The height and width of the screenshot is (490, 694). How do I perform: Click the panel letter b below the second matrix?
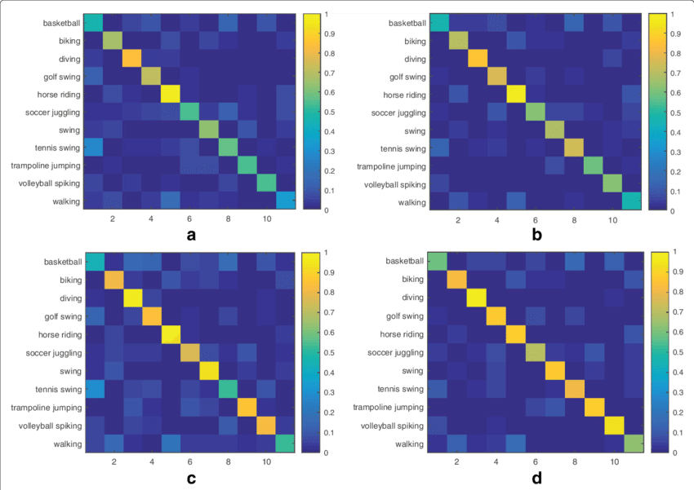tap(537, 235)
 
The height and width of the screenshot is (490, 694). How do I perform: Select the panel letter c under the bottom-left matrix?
tap(190, 479)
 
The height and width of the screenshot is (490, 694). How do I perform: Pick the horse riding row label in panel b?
tap(397, 95)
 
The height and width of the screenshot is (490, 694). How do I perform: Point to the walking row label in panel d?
tap(407, 444)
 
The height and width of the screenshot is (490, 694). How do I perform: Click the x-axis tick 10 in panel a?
tap(266, 219)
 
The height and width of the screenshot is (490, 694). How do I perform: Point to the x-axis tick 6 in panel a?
tap(189, 219)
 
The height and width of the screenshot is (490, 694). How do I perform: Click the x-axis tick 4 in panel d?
tap(496, 461)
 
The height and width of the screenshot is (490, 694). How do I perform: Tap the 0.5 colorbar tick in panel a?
tap(319, 113)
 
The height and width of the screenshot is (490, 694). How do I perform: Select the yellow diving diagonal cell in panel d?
tap(477, 298)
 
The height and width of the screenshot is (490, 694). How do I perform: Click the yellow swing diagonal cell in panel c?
tap(208, 370)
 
